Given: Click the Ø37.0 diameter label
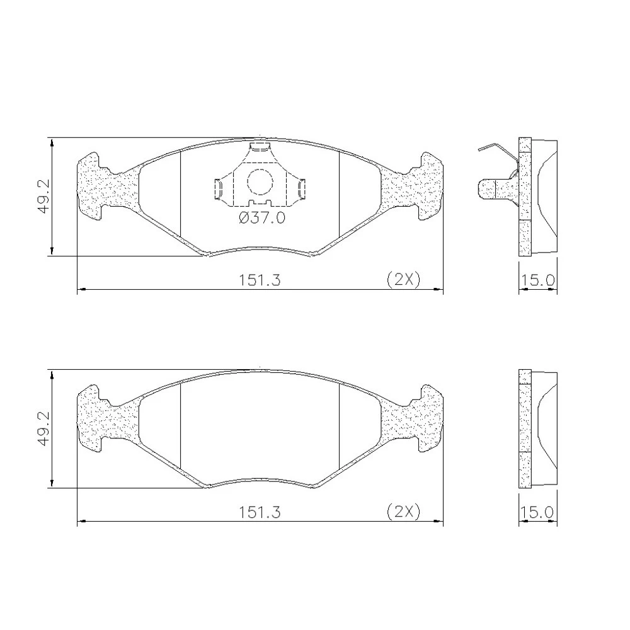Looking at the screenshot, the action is click(x=262, y=218).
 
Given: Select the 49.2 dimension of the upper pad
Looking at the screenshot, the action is click(x=44, y=197).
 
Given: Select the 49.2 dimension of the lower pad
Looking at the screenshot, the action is click(x=44, y=428).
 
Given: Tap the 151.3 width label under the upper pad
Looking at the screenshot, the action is click(x=260, y=280).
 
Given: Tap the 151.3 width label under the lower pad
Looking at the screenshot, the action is click(x=260, y=512).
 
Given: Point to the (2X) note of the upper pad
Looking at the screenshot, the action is click(x=403, y=279).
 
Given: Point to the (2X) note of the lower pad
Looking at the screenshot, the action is click(x=403, y=512).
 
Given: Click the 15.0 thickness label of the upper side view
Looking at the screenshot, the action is click(x=537, y=280).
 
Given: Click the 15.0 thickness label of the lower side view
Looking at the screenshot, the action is click(x=537, y=512).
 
